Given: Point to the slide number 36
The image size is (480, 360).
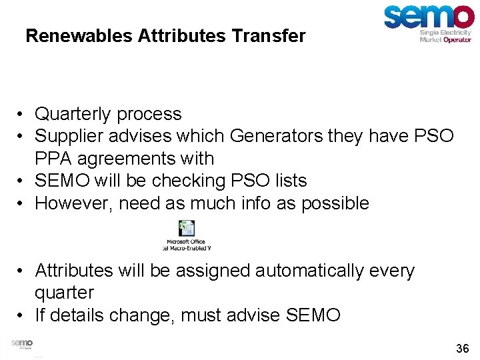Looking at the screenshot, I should point(462,348).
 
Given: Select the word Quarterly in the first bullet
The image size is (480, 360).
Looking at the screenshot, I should point(73,114).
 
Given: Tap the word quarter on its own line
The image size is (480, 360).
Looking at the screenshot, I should point(64,293).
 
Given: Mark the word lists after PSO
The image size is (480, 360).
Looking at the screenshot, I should point(289,181).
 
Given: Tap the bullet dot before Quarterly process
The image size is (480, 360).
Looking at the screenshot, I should point(22,115).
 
